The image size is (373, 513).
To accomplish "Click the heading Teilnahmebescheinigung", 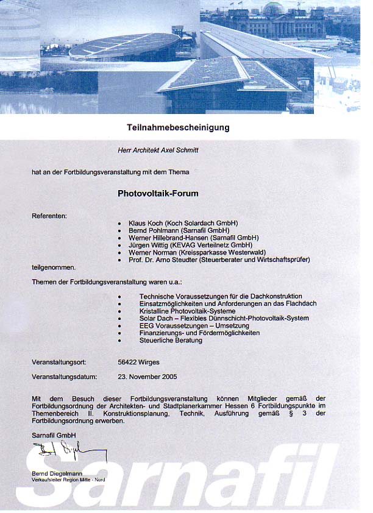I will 178,127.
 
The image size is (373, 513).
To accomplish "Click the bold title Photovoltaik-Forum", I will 158,193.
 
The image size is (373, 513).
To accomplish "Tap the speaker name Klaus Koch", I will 145,223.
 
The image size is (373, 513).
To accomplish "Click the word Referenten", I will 49,216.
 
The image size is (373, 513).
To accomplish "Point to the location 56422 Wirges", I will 138,362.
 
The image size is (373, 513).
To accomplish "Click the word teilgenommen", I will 54,267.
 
